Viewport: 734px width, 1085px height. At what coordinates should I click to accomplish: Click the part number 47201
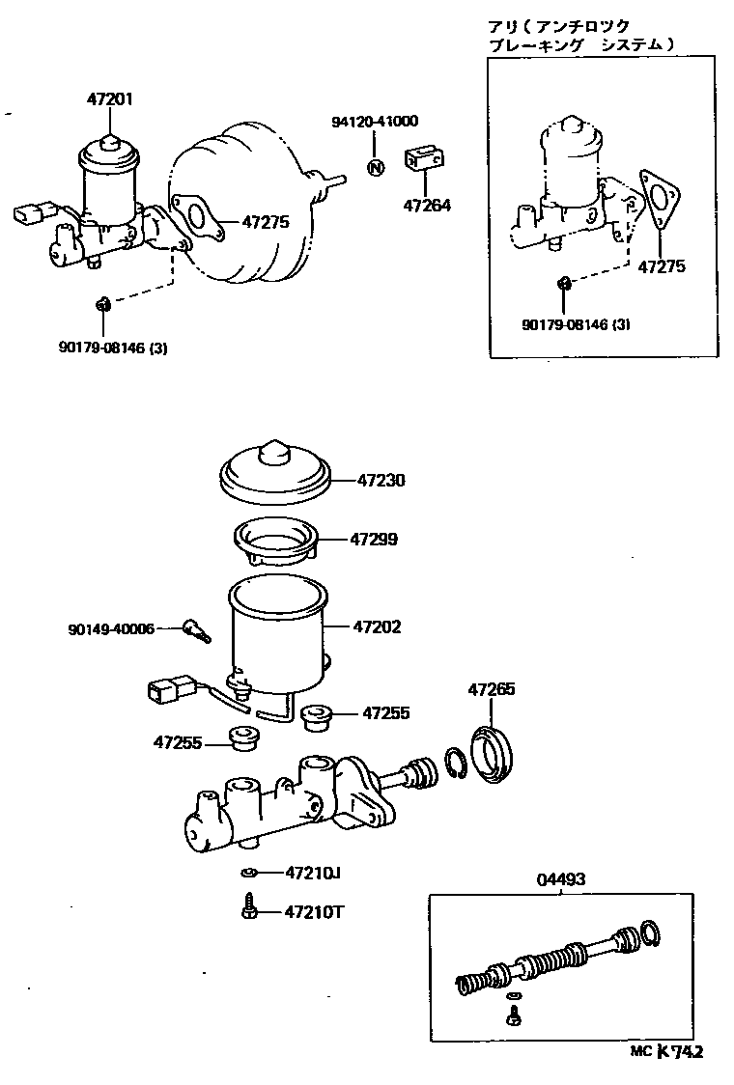click(110, 99)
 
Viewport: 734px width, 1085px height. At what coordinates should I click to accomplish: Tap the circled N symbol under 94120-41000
click(376, 167)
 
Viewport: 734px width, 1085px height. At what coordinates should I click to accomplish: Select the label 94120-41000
click(375, 122)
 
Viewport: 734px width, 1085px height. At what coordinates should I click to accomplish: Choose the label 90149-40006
click(111, 628)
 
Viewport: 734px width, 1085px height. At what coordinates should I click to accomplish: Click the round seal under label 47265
click(494, 750)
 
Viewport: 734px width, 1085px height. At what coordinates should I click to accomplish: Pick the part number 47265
click(492, 689)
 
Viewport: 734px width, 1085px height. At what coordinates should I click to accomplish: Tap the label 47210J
click(313, 873)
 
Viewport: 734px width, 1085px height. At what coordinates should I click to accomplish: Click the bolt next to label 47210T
click(248, 908)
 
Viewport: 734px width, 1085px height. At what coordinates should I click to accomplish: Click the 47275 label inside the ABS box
click(661, 266)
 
